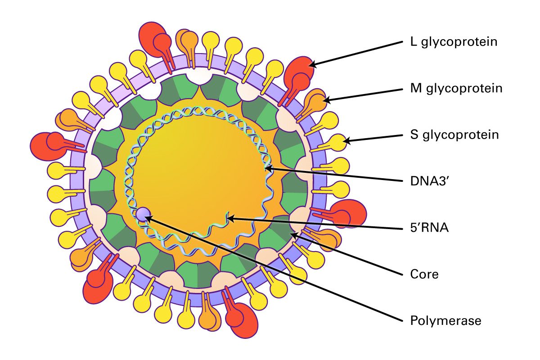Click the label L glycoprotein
click(x=454, y=42)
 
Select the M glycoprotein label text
click(x=456, y=88)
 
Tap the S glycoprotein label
click(x=454, y=135)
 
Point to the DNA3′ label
click(x=427, y=181)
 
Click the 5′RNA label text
click(x=430, y=228)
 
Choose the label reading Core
click(x=424, y=274)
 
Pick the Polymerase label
click(x=446, y=321)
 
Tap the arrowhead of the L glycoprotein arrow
click(x=310, y=66)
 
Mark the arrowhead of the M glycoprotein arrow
click(x=324, y=101)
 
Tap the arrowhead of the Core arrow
click(x=292, y=234)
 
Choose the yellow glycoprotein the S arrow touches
click(x=338, y=142)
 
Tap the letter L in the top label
click(x=414, y=42)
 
